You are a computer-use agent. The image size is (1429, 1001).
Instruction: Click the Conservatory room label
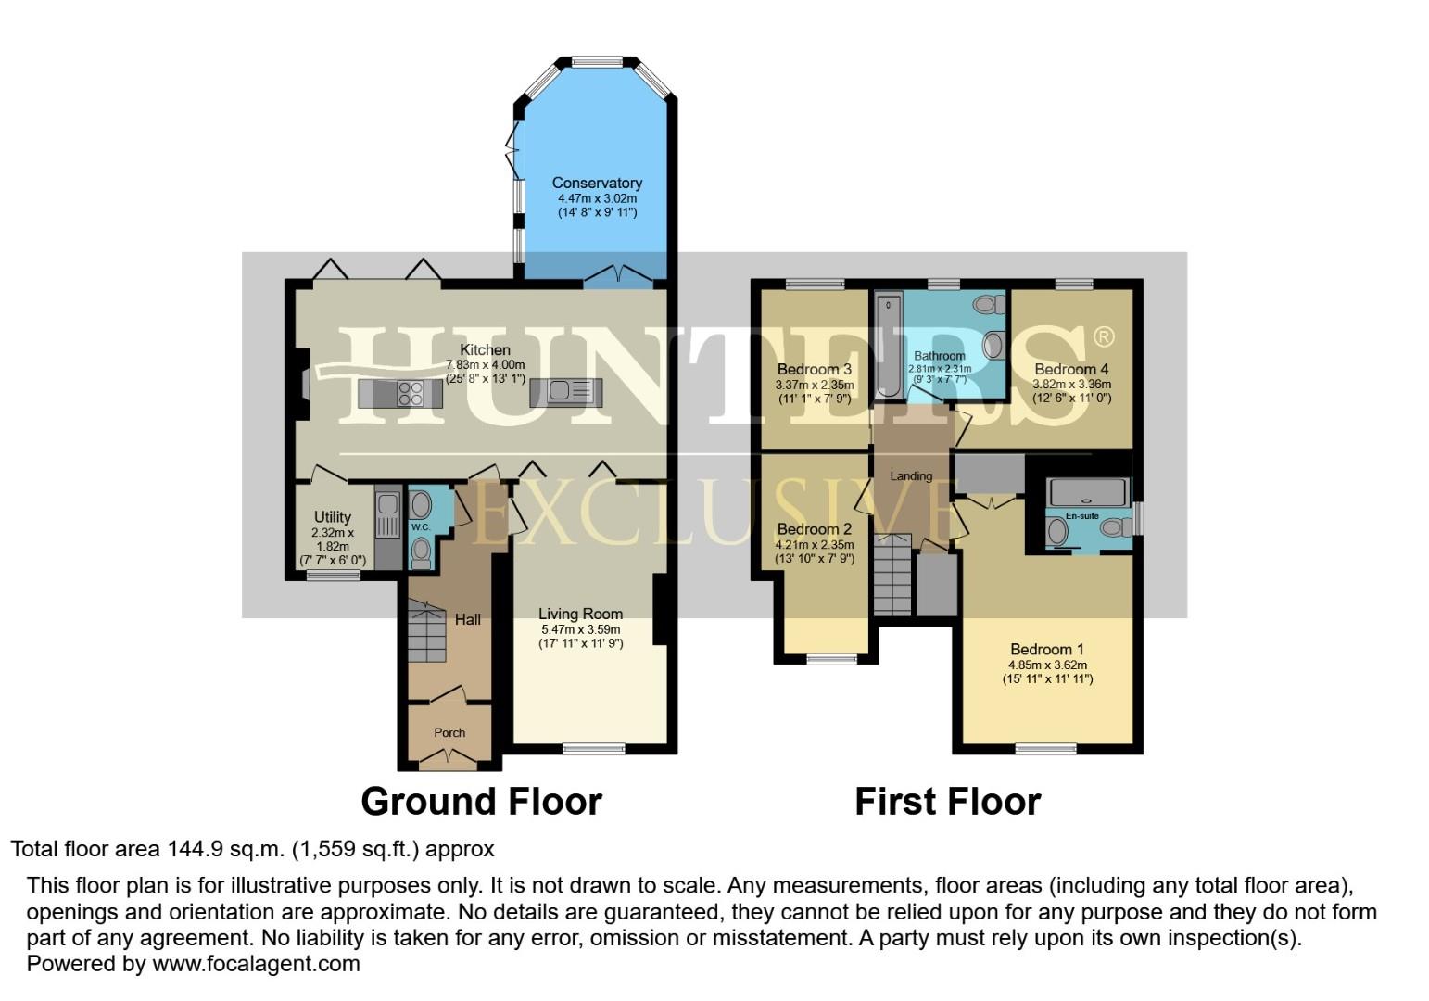click(x=597, y=184)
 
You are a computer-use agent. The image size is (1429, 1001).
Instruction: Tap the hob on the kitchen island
click(x=411, y=394)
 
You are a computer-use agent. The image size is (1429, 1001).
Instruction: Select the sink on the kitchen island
click(x=559, y=391)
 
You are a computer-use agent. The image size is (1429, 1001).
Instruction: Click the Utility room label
click(x=333, y=517)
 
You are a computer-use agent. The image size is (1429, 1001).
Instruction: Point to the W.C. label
click(x=422, y=526)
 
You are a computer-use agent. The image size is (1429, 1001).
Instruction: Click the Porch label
click(x=449, y=732)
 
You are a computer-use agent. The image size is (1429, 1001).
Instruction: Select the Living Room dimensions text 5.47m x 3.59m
click(x=581, y=629)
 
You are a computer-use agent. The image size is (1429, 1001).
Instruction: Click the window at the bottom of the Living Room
click(x=594, y=748)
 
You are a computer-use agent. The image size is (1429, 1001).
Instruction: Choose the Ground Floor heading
click(x=481, y=802)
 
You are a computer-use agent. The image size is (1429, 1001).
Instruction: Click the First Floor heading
click(x=947, y=802)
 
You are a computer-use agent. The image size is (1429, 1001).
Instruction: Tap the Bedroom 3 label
click(x=814, y=370)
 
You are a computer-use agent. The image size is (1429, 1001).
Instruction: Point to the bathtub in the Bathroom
click(x=889, y=345)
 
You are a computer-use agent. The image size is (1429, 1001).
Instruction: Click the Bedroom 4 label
click(x=1071, y=369)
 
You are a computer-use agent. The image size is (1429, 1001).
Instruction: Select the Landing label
click(x=911, y=476)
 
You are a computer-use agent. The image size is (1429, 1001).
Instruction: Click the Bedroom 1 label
click(x=1047, y=650)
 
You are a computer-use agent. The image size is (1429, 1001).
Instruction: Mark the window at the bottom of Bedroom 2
click(x=831, y=660)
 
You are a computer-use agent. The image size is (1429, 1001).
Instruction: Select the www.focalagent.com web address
click(x=256, y=964)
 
